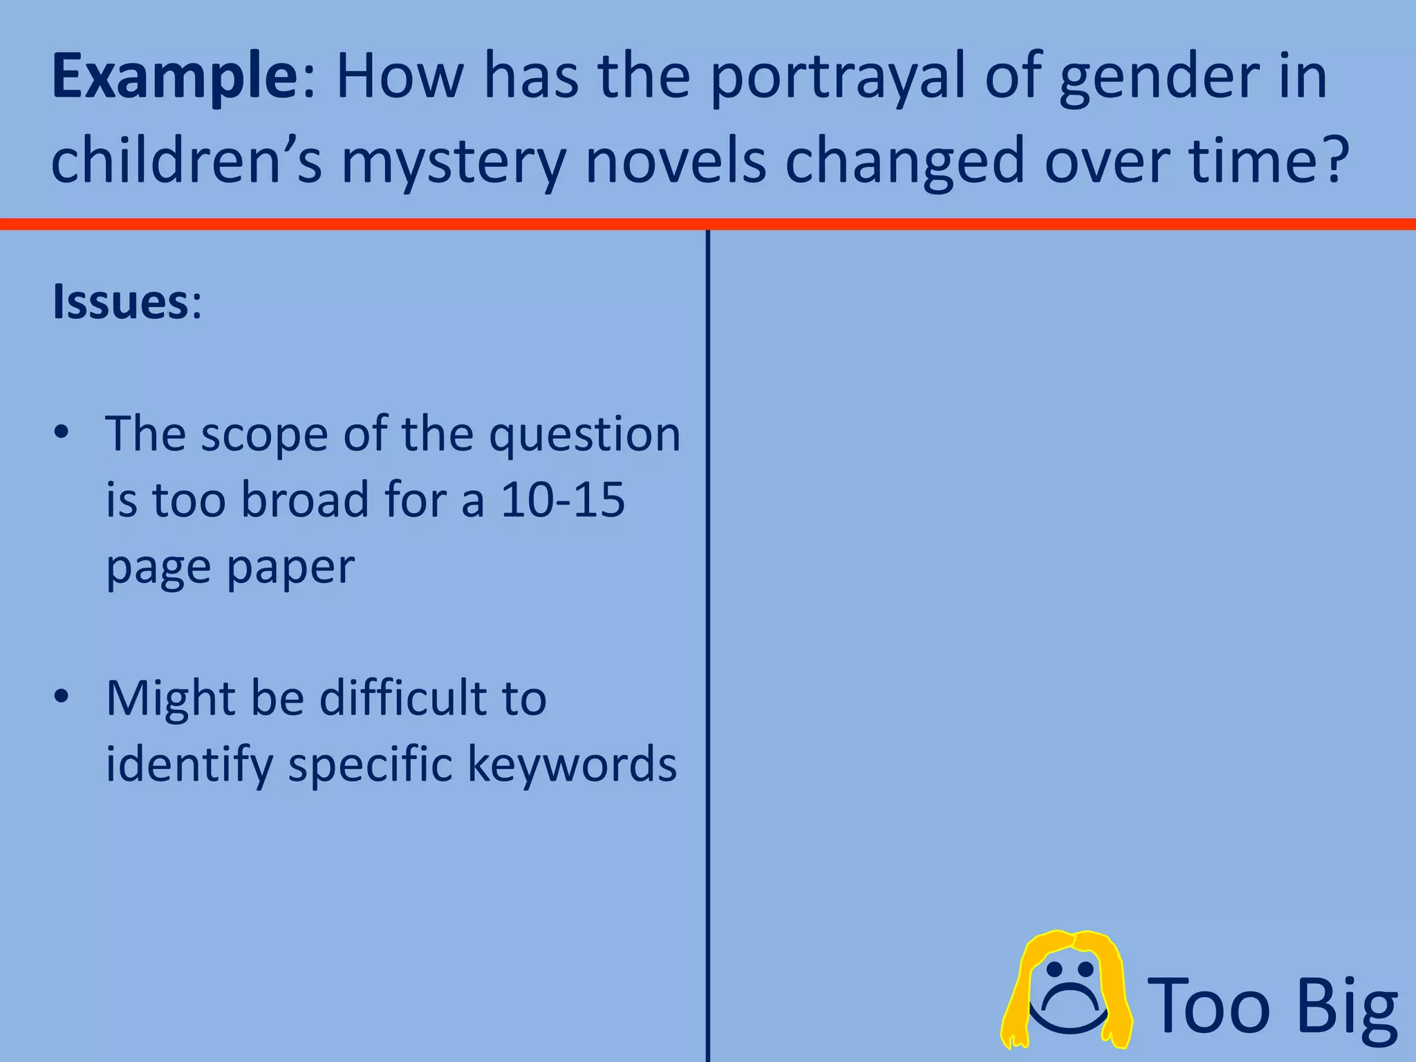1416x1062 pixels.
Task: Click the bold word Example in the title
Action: (x=175, y=77)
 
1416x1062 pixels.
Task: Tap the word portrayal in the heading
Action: (x=837, y=77)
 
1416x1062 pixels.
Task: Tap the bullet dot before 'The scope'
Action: (x=62, y=434)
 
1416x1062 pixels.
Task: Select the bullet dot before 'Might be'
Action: (x=62, y=697)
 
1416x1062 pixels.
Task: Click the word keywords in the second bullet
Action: (x=572, y=764)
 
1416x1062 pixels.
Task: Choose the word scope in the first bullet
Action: (x=264, y=435)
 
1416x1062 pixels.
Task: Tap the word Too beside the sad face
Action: (x=1212, y=1006)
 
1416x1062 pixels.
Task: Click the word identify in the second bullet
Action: (x=189, y=765)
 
